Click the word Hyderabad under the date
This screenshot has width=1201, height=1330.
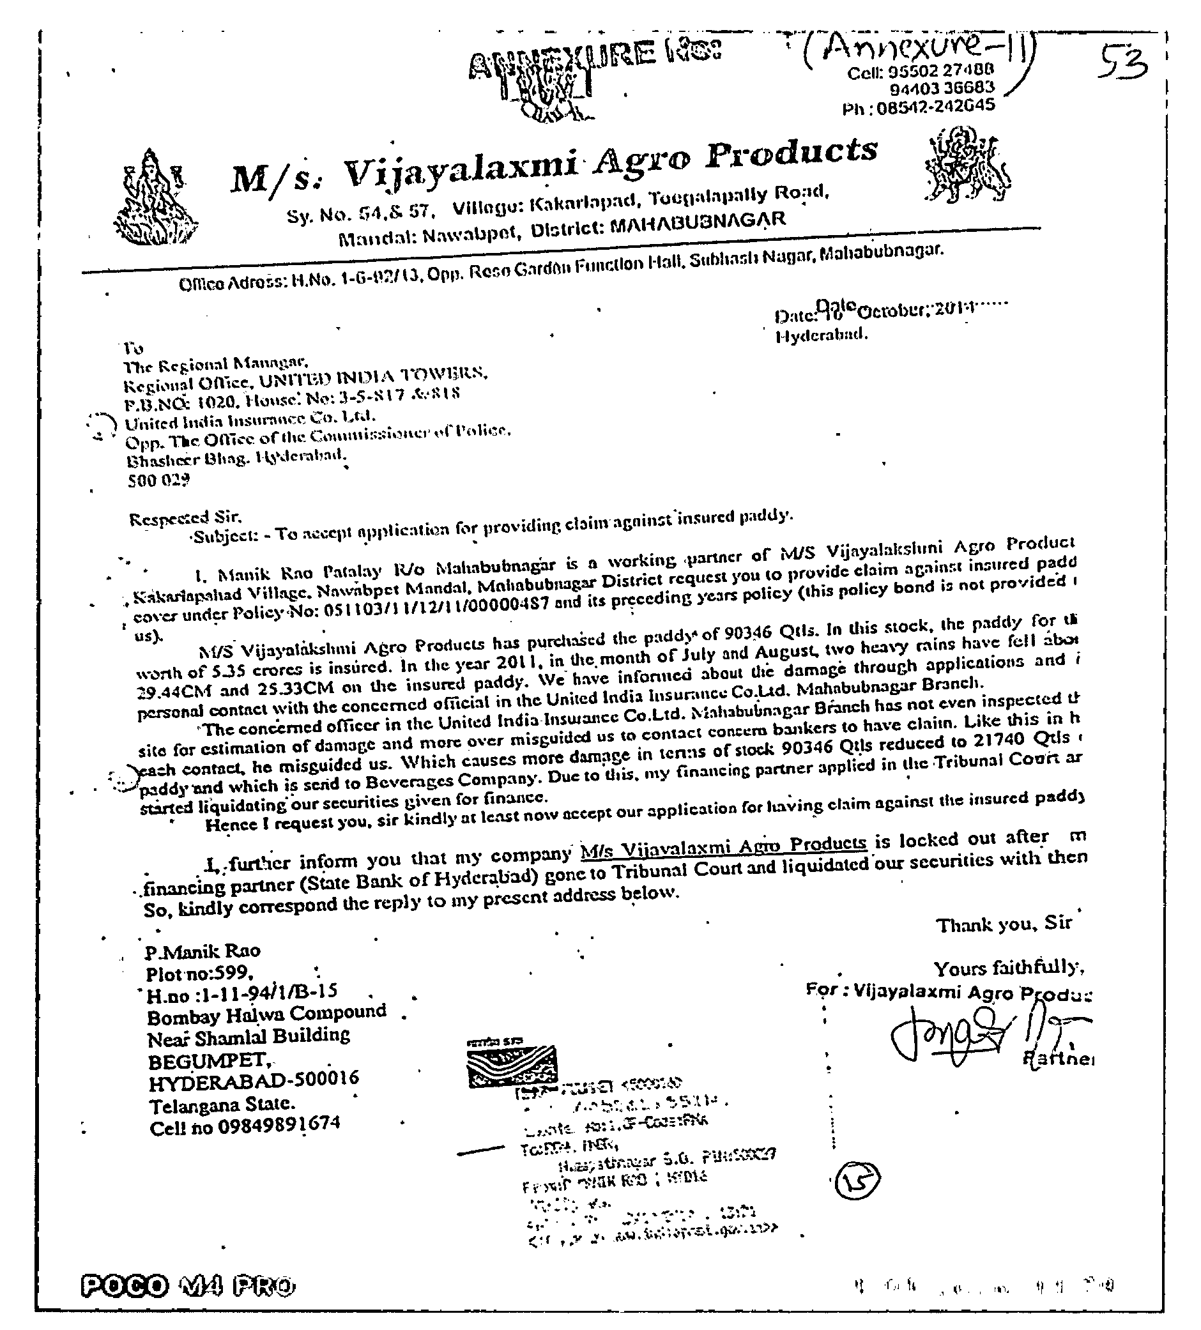pos(820,335)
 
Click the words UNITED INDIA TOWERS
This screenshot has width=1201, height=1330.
pos(373,378)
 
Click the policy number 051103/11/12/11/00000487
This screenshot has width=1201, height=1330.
pos(435,607)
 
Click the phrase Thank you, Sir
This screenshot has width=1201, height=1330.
pos(1004,924)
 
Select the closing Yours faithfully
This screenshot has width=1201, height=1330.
pos(1007,968)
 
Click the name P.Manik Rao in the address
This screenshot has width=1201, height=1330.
pos(203,951)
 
